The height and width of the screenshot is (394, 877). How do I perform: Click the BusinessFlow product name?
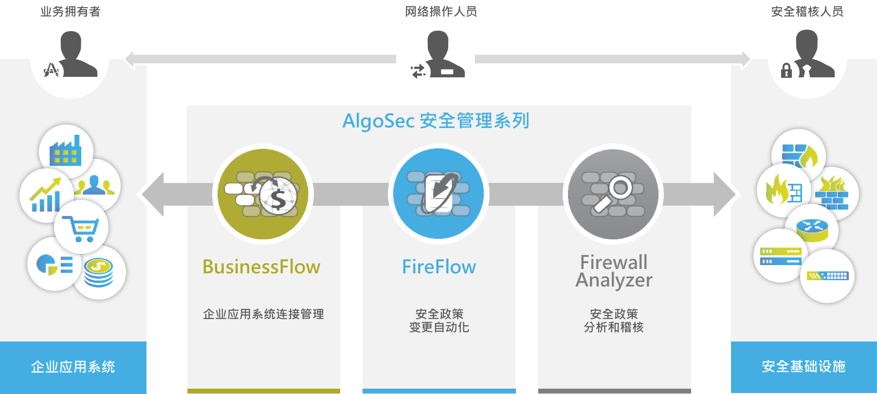(261, 267)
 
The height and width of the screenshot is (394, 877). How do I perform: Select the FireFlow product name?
(439, 267)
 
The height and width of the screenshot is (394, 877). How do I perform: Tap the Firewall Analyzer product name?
(614, 271)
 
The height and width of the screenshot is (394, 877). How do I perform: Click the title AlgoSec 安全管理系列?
(436, 121)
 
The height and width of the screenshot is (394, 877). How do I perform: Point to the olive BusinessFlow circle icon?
(263, 194)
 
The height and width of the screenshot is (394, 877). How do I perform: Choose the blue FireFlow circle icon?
(438, 194)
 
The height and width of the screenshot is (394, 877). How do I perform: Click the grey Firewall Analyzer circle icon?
(613, 194)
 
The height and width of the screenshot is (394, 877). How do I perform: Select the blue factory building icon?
(65, 150)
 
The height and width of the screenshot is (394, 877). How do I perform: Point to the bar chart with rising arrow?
(45, 195)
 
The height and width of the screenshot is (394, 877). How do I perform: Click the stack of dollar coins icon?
(98, 272)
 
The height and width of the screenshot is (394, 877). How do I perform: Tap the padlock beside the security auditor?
(786, 71)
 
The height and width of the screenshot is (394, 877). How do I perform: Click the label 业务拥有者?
(70, 11)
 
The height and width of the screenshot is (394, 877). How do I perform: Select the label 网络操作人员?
(441, 11)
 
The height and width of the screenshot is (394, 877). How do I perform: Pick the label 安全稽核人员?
(807, 11)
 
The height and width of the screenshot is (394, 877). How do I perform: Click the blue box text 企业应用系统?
(73, 367)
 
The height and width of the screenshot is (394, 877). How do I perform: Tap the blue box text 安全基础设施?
(804, 366)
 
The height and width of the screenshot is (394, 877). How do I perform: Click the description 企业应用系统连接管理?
(263, 314)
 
